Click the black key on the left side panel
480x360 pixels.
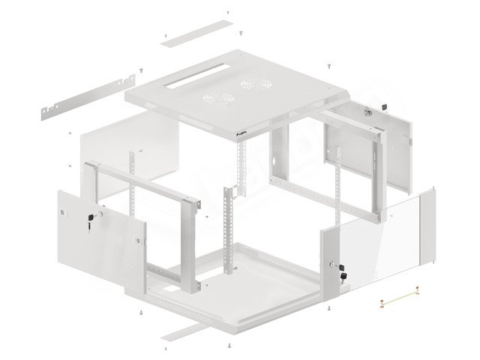(x=91, y=218)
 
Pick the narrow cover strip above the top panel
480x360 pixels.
(x=195, y=33)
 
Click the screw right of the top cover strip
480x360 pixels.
(x=240, y=32)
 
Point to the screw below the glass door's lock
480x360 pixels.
(x=329, y=307)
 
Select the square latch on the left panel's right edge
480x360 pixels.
(x=138, y=240)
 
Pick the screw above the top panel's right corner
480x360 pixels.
(x=328, y=66)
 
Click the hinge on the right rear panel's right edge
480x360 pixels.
(x=410, y=140)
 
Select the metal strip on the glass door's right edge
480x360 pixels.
(x=430, y=225)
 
